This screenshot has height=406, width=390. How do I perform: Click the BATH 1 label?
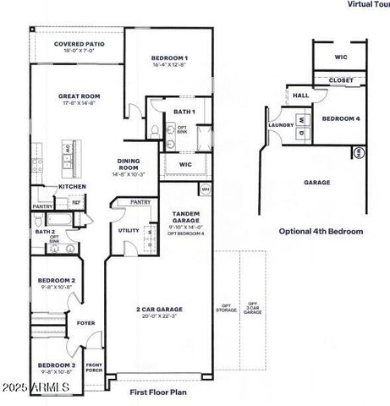185,111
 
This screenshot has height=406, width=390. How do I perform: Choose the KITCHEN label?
71,186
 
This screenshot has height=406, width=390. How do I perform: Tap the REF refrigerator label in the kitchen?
75,202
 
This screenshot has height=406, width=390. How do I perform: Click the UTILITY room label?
129,230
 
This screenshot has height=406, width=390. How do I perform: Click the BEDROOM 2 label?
57,280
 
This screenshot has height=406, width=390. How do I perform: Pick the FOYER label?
86,322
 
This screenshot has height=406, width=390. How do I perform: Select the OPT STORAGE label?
225,309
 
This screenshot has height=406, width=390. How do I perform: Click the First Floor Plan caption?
157,392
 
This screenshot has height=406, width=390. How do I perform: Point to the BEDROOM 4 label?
341,118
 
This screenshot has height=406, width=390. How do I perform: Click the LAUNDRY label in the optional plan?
281,125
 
